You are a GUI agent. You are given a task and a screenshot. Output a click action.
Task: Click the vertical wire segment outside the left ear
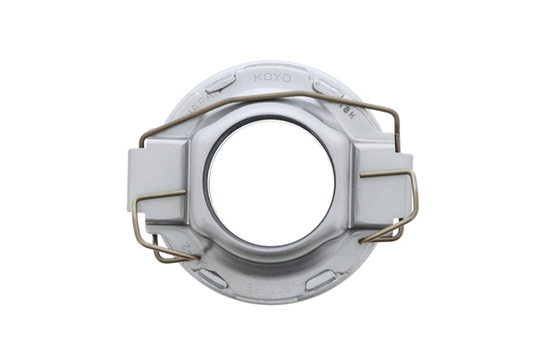(136, 216)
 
